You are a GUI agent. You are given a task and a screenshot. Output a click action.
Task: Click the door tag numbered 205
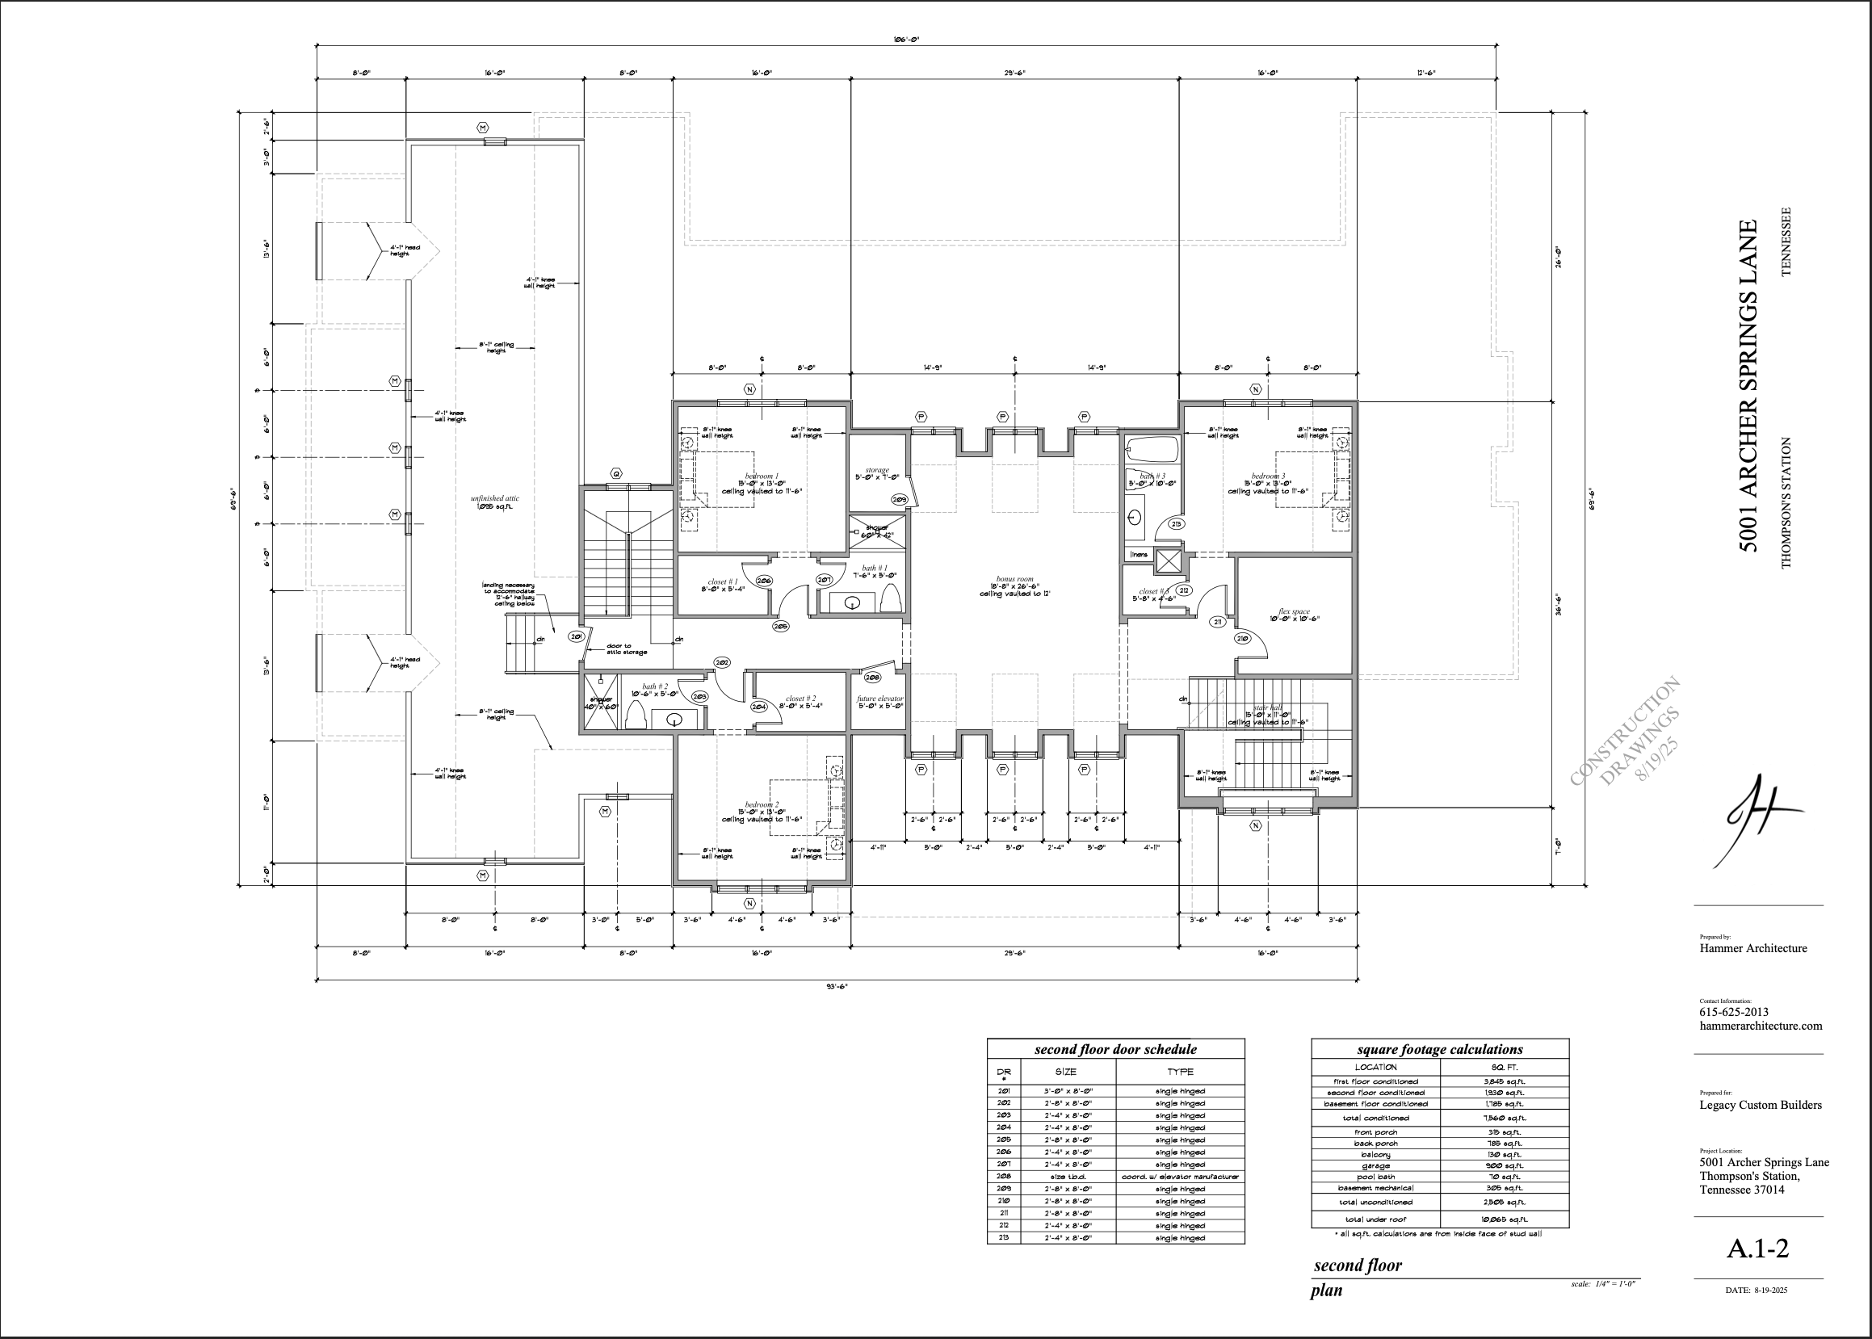[781, 626]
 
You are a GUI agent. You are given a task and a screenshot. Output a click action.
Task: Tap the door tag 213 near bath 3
[1177, 523]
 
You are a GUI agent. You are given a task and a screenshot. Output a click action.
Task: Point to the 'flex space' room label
[1293, 612]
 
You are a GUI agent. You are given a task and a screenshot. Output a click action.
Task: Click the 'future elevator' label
[879, 699]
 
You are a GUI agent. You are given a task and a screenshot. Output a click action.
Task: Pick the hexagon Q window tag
[616, 473]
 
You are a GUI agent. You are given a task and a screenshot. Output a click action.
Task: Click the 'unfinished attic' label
[494, 498]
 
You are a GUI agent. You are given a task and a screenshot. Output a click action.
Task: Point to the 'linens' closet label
[1139, 555]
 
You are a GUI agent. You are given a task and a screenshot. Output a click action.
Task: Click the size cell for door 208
[1068, 1177]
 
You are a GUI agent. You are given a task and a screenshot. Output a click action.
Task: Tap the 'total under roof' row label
[1375, 1219]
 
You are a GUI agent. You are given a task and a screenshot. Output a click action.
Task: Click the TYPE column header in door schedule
[1180, 1072]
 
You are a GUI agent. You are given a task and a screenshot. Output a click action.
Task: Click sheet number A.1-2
[1757, 1249]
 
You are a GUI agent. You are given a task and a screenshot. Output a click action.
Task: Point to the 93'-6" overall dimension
[837, 986]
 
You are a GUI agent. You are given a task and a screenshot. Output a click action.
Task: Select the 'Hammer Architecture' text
[1752, 948]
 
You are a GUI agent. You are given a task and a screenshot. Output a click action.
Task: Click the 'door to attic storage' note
[627, 649]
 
